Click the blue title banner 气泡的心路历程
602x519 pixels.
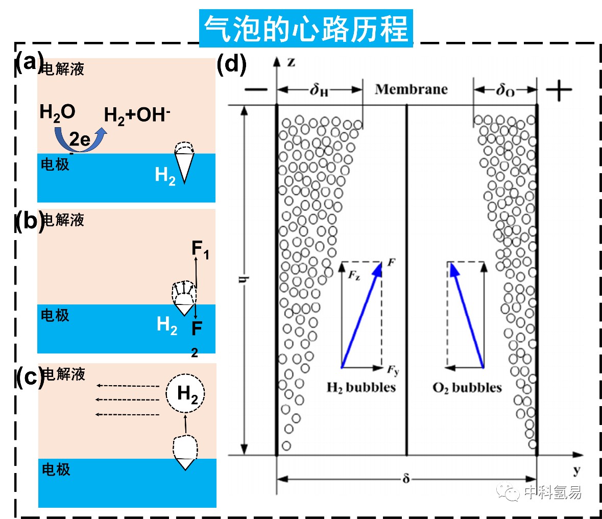pos(306,29)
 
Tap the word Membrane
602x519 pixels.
pos(411,89)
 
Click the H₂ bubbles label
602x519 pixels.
pos(362,387)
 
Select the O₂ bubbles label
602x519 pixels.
pos(467,387)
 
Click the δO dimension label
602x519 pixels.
pos(505,90)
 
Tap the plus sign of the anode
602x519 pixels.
pos(559,90)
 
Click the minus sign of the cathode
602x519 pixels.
pos(256,90)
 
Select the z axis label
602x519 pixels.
pos(292,62)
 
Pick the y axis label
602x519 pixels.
pos(576,470)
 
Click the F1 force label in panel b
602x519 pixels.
pos(200,249)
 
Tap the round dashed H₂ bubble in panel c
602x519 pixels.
pos(185,393)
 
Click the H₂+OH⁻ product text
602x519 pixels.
pos(137,115)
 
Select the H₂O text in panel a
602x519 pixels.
pos(57,112)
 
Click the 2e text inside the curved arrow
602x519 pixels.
pos(80,139)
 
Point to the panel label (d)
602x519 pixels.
pos(231,64)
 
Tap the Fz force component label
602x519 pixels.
pos(354,275)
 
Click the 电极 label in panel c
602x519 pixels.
pos(56,469)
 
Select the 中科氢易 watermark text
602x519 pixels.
pos(553,492)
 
